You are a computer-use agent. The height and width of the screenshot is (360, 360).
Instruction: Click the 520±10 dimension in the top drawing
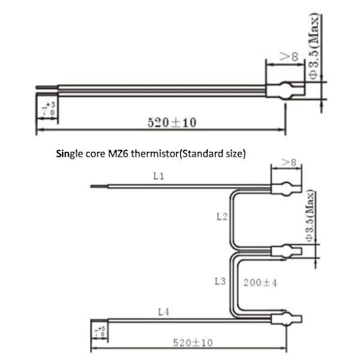[x=172, y=123]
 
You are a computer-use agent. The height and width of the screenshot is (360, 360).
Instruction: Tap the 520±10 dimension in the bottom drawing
[x=193, y=343]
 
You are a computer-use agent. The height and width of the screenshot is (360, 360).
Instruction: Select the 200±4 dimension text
[x=259, y=282]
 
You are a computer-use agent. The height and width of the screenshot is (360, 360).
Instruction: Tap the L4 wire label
[x=164, y=311]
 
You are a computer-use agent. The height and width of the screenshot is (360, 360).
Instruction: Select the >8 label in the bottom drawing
[x=290, y=163]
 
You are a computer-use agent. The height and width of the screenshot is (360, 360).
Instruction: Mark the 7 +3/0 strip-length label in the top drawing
[x=47, y=110]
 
